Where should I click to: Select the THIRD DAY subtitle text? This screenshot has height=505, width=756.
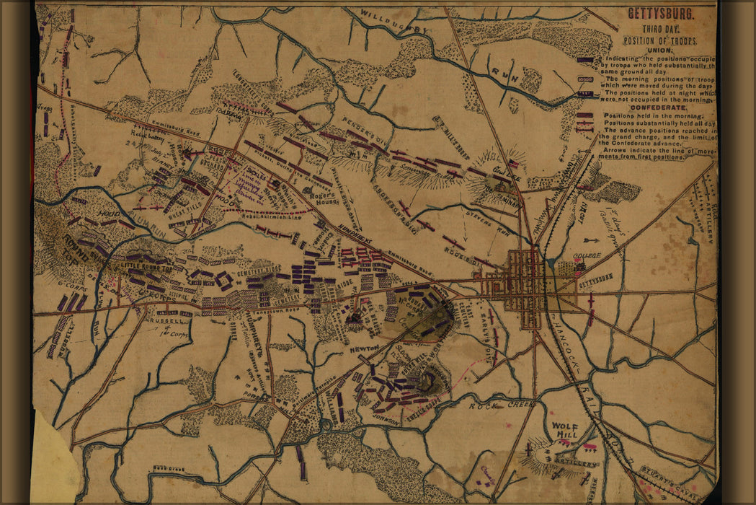pos(652,29)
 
